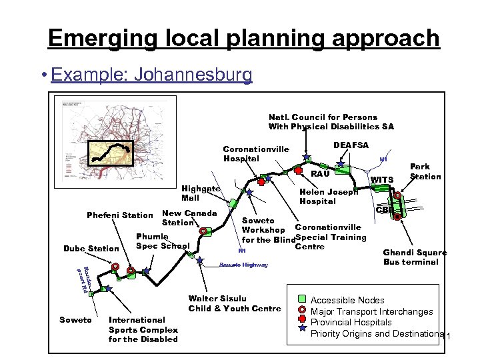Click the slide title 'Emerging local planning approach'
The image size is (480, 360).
(x=243, y=38)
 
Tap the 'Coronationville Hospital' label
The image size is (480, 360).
(x=255, y=154)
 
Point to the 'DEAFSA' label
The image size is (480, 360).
(x=351, y=145)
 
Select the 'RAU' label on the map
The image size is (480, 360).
(x=321, y=173)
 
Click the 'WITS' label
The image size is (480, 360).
(x=382, y=180)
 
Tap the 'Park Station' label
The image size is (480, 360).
(x=425, y=171)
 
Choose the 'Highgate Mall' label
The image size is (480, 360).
(x=200, y=193)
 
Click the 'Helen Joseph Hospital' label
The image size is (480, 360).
(x=329, y=196)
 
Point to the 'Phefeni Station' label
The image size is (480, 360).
(x=120, y=215)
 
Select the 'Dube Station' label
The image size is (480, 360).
(x=91, y=249)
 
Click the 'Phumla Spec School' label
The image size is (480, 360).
(x=163, y=241)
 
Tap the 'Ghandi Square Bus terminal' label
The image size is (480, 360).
(x=415, y=257)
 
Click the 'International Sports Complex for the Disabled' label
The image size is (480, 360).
(x=143, y=329)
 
